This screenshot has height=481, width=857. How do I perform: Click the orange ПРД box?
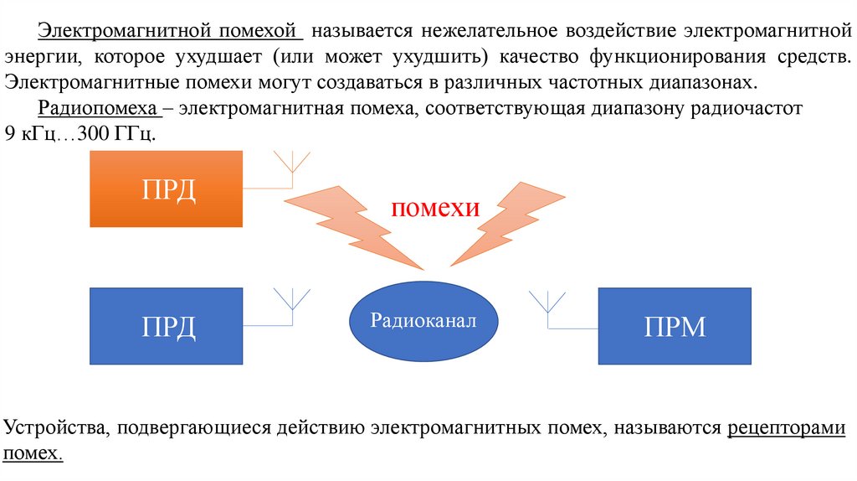tap(166, 189)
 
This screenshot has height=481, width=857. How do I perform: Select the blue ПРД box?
tap(166, 326)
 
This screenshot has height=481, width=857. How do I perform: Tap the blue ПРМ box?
tap(675, 326)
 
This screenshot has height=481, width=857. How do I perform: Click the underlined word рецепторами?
tap(787, 428)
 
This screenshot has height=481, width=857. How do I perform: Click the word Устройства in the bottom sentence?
tap(55, 428)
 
